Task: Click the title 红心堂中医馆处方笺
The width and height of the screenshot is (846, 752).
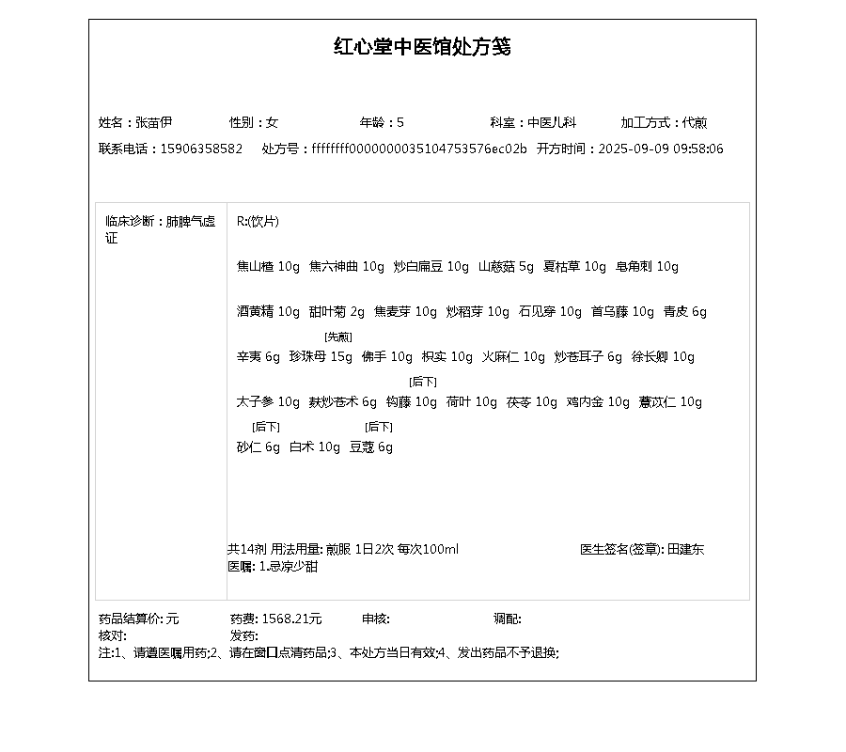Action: point(422,47)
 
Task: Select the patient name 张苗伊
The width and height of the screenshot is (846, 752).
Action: point(154,122)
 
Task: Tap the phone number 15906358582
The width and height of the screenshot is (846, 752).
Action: point(201,149)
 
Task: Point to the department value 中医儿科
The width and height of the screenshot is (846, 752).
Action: point(552,122)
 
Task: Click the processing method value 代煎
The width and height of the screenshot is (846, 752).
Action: point(695,122)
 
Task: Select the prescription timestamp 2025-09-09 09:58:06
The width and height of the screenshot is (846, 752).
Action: point(661,149)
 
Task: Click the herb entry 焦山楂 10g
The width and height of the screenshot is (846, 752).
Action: point(268,266)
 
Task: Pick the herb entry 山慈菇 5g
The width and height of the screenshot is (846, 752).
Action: point(506,266)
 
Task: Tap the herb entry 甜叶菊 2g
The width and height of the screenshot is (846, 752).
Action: point(337,311)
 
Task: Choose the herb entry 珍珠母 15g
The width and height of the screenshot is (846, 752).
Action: point(321,356)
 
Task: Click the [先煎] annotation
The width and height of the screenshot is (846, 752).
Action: point(337,337)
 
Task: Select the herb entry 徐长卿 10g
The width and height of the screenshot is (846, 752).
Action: point(663,356)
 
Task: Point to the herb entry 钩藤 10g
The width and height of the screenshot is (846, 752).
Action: point(412,401)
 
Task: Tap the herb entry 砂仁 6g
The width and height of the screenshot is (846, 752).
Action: point(258,446)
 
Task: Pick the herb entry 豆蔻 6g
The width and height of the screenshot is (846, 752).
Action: point(371,446)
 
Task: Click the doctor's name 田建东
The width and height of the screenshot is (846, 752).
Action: point(685,549)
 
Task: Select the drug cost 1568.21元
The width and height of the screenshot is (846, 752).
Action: point(291,619)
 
